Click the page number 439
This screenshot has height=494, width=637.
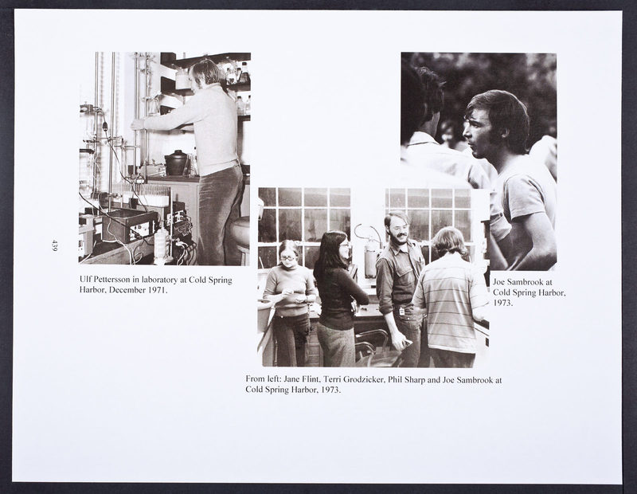point(54,245)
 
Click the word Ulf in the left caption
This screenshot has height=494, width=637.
point(84,280)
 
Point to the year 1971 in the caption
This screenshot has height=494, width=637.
point(157,290)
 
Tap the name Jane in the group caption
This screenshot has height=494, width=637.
point(292,380)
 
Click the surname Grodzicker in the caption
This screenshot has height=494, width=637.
point(364,380)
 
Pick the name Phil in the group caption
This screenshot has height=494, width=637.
point(395,380)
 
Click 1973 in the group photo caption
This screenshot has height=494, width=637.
point(330,390)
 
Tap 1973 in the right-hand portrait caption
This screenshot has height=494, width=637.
point(503,303)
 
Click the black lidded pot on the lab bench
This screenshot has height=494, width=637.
point(176,163)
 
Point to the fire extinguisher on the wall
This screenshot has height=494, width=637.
point(370,256)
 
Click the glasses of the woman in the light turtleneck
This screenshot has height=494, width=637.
point(287,257)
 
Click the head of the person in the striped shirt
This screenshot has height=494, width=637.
point(450,241)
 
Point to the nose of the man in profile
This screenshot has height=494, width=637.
point(466,132)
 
